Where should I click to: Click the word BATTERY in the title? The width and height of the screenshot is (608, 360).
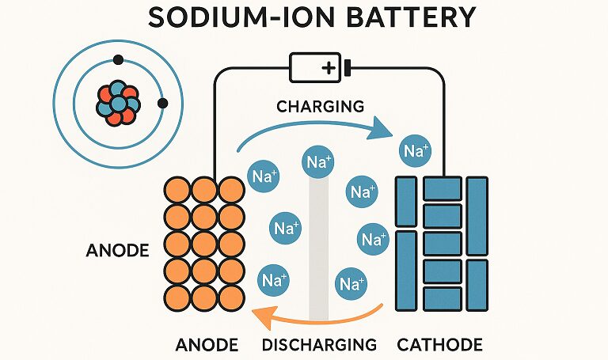(x=411, y=17)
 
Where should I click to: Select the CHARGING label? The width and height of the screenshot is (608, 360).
(x=321, y=106)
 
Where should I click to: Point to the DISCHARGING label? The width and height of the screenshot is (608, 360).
(x=319, y=344)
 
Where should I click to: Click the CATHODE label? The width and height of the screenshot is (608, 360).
(x=439, y=344)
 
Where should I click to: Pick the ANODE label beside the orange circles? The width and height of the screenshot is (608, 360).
(x=117, y=251)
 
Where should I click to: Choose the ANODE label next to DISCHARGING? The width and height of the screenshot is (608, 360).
(x=207, y=344)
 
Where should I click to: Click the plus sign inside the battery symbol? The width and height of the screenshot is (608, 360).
(x=329, y=69)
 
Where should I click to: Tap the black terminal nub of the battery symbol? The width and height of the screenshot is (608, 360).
(x=347, y=68)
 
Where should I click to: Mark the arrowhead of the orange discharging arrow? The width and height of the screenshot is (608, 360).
(x=264, y=313)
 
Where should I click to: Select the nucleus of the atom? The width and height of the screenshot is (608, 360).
(x=118, y=104)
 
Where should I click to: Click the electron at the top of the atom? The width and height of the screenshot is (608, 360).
(x=118, y=60)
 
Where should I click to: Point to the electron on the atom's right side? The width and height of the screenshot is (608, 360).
(x=163, y=104)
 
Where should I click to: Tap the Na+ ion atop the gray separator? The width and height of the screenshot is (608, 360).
(x=318, y=162)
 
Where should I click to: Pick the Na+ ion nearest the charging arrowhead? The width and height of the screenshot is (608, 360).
(x=416, y=151)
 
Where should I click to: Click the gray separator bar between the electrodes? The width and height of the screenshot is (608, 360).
(x=319, y=248)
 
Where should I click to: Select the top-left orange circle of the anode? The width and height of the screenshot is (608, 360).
(x=177, y=190)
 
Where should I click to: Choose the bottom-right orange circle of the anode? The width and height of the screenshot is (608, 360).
(x=232, y=298)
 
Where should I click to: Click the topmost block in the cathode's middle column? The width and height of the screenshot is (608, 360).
(x=443, y=189)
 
